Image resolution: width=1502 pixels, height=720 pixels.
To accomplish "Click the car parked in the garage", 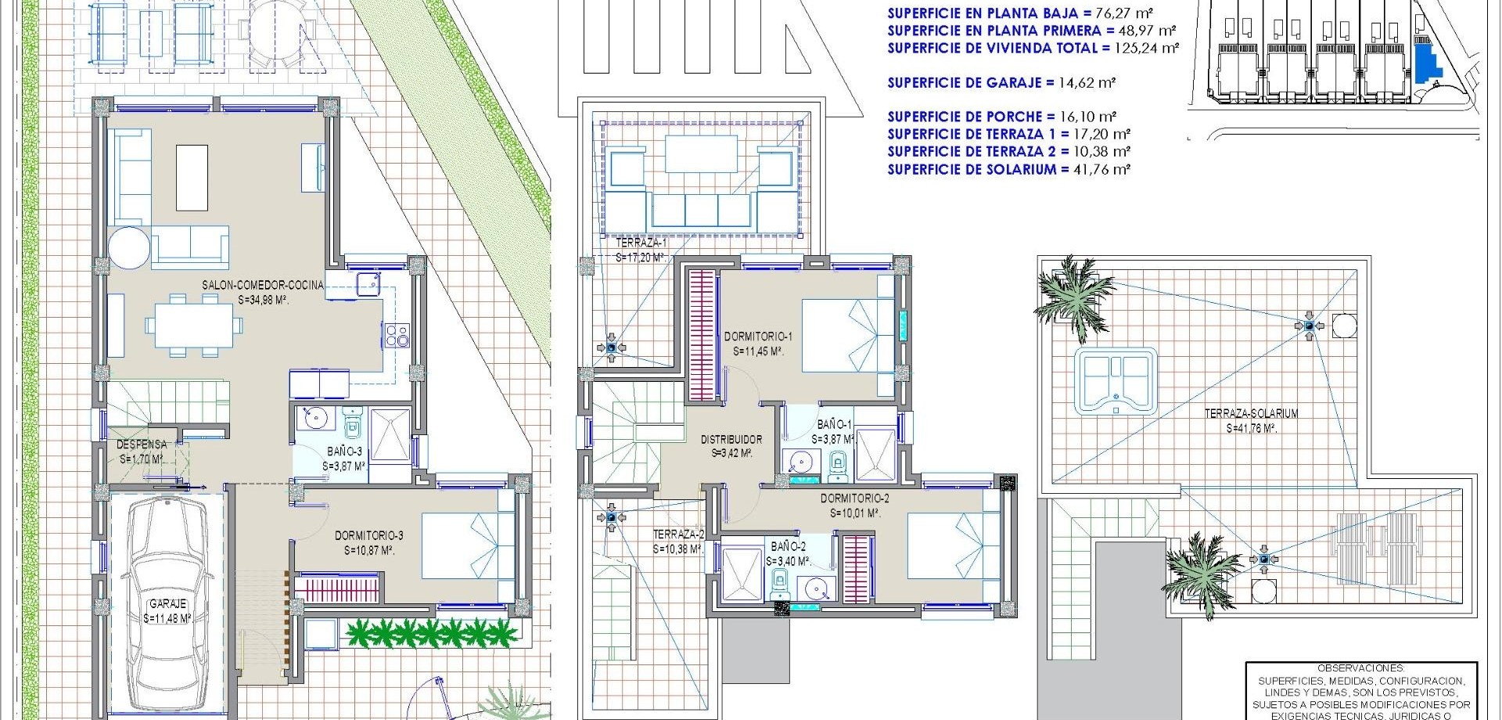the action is coord(167,603).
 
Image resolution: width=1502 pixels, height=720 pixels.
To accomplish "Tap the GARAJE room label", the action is coord(167,604).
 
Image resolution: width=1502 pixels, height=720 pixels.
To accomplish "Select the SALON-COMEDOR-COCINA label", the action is coord(263,285).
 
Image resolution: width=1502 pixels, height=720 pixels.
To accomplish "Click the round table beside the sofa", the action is coord(129,248).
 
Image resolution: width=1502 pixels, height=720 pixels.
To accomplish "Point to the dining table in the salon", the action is coord(194,325).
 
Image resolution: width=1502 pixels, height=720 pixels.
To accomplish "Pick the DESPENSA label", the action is coord(142,445).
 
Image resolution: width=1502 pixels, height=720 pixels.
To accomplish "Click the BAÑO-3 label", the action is coord(344,452).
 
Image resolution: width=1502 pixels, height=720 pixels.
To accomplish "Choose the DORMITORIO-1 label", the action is coord(758,337).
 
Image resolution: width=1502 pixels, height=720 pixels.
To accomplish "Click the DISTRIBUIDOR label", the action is coord(731,440).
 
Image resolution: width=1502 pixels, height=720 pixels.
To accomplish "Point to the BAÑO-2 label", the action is coord(788,547).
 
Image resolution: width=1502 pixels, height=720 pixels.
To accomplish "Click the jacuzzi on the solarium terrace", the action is coord(1116,380).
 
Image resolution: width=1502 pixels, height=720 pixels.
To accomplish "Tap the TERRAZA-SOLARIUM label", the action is coord(1252,413).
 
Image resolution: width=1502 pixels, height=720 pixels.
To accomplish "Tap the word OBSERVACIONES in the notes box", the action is coord(1361,668).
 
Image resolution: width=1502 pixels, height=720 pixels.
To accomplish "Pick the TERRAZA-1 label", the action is coord(641,243).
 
